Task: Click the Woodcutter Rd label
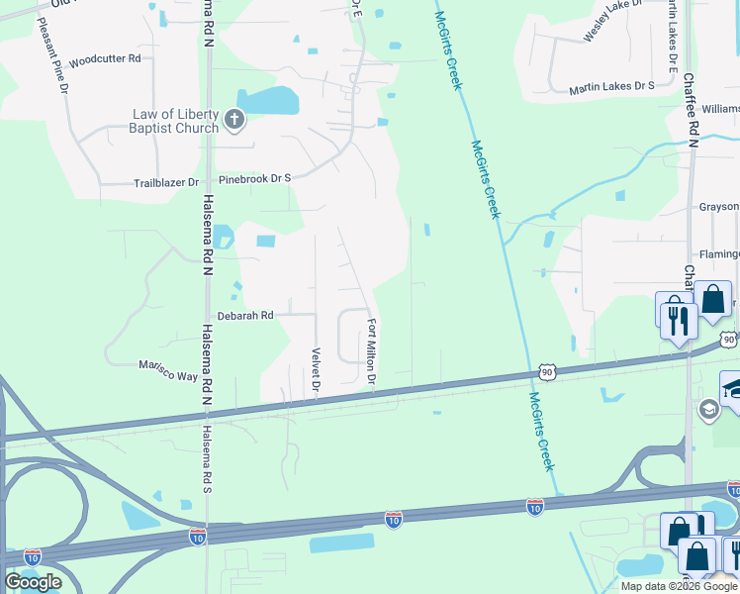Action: (x=105, y=59)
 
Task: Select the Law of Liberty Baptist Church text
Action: (x=176, y=121)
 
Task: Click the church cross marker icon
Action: (x=234, y=121)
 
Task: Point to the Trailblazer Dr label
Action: (x=166, y=183)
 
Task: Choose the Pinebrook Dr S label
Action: (x=255, y=178)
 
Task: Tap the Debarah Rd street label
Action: (x=244, y=315)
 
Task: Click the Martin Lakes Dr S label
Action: (x=611, y=87)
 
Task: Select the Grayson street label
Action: (x=718, y=207)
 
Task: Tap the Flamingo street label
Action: (x=719, y=254)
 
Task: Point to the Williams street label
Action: (x=721, y=108)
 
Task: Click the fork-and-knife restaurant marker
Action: (x=679, y=321)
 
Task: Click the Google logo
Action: (x=33, y=581)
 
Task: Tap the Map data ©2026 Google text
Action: (x=679, y=586)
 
